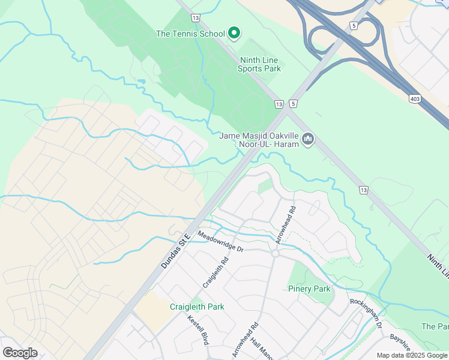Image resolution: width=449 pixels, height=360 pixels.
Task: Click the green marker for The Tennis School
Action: tap(234, 34)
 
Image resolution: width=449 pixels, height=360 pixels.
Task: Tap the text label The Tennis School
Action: tap(190, 34)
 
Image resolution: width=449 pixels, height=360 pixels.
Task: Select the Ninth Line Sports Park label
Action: tap(261, 64)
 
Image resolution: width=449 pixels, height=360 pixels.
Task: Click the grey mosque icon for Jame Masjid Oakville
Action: tap(308, 140)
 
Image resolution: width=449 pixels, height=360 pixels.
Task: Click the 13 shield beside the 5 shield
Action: tap(279, 104)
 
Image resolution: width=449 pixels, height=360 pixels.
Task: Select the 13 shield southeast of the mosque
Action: tap(363, 190)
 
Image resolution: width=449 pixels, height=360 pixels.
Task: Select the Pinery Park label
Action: tap(309, 289)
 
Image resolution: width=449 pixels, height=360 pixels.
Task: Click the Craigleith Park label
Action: tap(196, 307)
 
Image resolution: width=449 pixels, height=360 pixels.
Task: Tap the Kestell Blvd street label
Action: tap(197, 330)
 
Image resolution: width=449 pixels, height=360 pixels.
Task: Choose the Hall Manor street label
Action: tap(262, 349)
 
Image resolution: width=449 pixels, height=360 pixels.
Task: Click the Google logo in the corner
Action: tap(20, 353)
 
